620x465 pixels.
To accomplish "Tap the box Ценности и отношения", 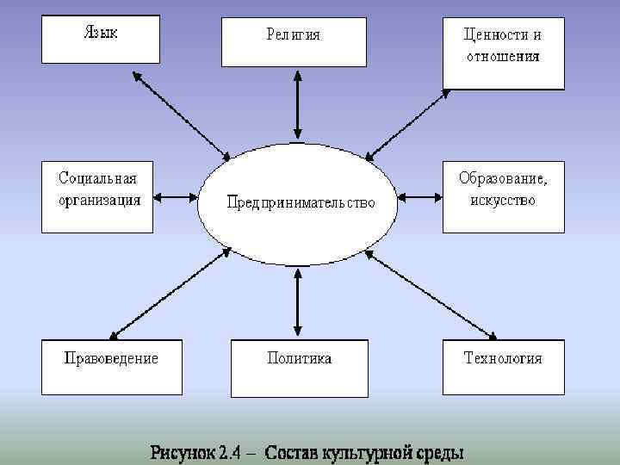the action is point(504,53).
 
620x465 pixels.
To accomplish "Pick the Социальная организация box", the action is point(97,196).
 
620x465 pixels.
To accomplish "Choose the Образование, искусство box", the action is point(504,196).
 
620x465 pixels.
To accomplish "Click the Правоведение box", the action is point(112,367).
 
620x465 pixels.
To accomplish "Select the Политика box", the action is point(299,367).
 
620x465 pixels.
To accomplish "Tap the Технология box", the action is point(504,367).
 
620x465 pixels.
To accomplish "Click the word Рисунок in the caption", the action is point(183,451).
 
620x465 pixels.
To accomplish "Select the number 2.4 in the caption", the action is point(230,451).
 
